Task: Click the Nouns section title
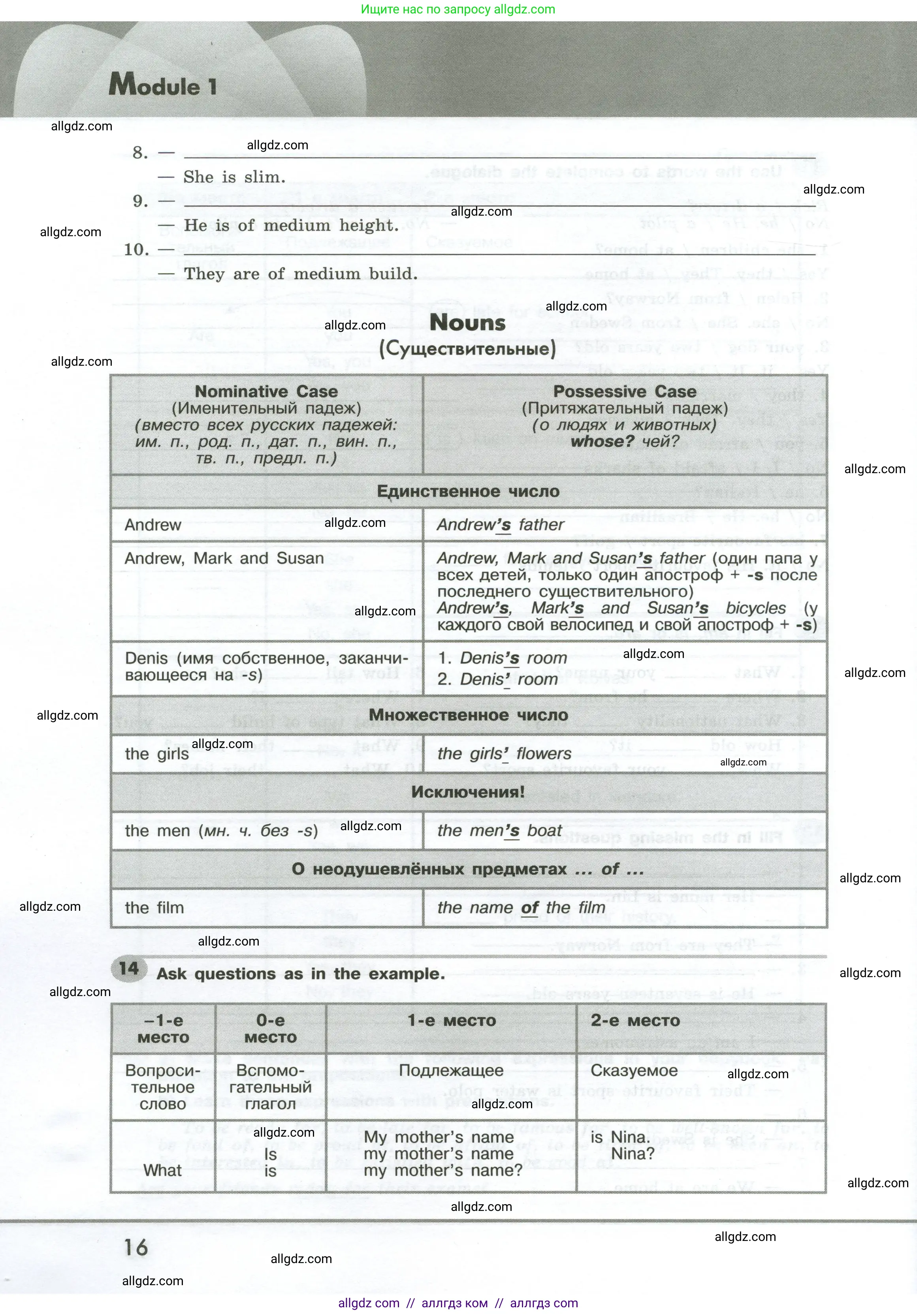pyautogui.click(x=468, y=323)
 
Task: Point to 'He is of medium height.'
pyautogui.click(x=291, y=226)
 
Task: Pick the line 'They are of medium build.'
pyautogui.click(x=300, y=274)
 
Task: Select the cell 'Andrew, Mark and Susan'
pyautogui.click(x=224, y=558)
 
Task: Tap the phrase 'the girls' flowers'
pyautogui.click(x=504, y=754)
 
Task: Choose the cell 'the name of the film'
pyautogui.click(x=521, y=908)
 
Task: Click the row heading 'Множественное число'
pyautogui.click(x=468, y=715)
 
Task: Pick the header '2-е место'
pyautogui.click(x=635, y=1021)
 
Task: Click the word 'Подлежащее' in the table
pyautogui.click(x=451, y=1071)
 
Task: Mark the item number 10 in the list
pyautogui.click(x=136, y=250)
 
